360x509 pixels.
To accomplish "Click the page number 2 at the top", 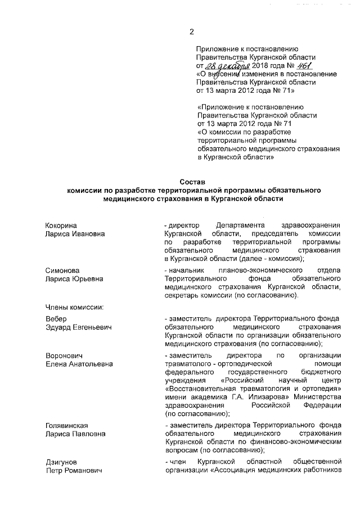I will tap(191, 31).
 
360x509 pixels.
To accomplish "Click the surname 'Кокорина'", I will tap(61, 225).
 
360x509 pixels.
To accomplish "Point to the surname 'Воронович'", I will tap(64, 355).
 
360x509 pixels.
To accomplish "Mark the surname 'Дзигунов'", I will tap(61, 462).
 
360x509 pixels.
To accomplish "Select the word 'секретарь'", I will tap(182, 295).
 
